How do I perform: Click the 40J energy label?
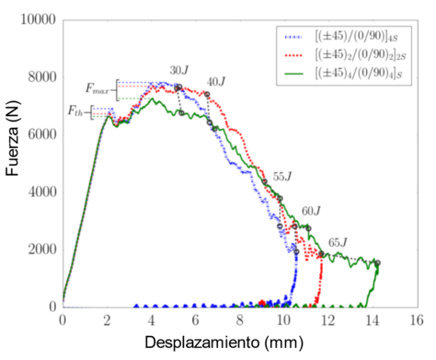point(216,82)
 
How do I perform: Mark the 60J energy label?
point(311,211)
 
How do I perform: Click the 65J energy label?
point(338,243)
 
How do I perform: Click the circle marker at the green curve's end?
point(377,263)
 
